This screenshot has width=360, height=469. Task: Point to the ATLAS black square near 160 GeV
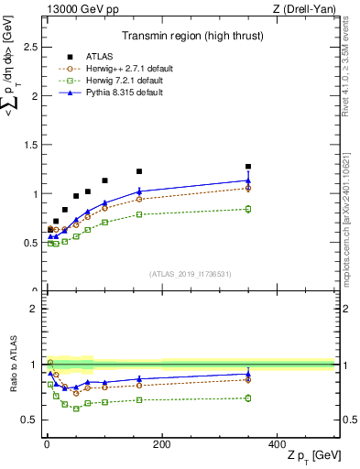(139, 171)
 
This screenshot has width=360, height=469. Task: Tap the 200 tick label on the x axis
(162, 444)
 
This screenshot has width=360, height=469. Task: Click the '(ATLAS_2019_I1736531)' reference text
(190, 274)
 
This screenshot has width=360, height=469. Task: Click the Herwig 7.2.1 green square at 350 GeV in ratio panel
(248, 398)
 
